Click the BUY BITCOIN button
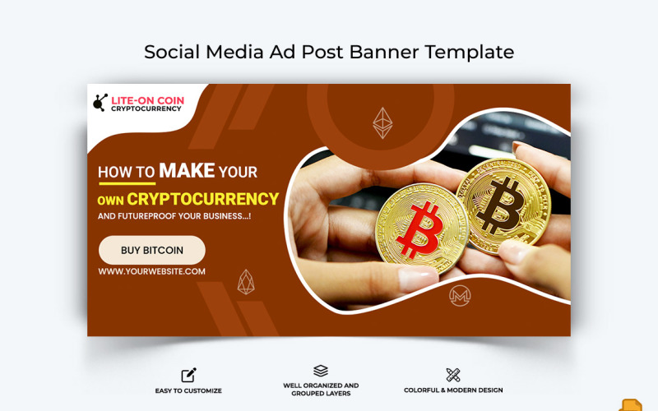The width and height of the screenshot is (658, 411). [x=152, y=250]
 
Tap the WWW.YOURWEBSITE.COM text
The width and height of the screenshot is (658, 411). [x=152, y=271]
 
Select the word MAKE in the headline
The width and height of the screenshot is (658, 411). [x=187, y=171]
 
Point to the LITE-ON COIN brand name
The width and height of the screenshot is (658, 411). [x=148, y=100]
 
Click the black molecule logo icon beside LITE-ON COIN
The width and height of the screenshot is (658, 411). [x=100, y=104]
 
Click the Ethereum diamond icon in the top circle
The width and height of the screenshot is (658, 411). [x=382, y=122]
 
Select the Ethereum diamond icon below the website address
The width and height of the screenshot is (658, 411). [x=246, y=281]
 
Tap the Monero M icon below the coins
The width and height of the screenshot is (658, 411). [x=460, y=296]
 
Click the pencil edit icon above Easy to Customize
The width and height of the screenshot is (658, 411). [x=188, y=375]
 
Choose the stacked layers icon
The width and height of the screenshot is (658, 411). [x=321, y=372]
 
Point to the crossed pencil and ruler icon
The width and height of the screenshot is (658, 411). [x=453, y=375]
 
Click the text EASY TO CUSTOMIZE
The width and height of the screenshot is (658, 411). [x=188, y=390]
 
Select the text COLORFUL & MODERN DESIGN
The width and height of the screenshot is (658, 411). [x=453, y=390]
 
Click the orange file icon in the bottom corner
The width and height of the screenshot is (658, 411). [x=631, y=404]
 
